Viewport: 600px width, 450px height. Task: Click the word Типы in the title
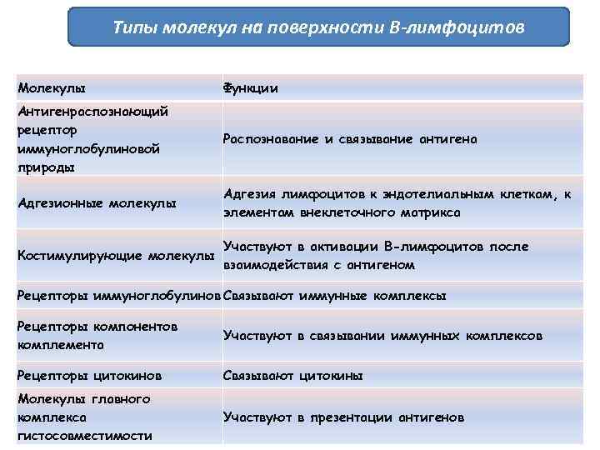point(132,27)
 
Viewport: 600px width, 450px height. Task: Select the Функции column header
point(250,87)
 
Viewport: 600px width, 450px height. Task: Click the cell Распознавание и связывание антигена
point(350,139)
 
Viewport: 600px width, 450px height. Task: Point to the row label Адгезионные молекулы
point(97,202)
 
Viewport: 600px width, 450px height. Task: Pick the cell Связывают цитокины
point(292,376)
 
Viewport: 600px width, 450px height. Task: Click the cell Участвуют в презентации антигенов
point(343,417)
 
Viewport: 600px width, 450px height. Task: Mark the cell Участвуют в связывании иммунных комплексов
point(382,336)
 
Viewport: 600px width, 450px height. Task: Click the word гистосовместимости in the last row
point(84,436)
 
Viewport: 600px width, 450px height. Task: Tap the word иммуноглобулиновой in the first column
point(88,148)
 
